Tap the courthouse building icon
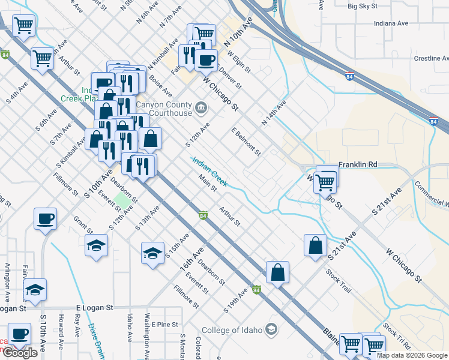[x=201, y=109]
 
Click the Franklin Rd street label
[x=357, y=164]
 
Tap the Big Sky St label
[x=363, y=6]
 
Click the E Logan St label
[x=94, y=307]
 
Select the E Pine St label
[x=165, y=324]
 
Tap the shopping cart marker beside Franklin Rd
[x=325, y=181]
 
